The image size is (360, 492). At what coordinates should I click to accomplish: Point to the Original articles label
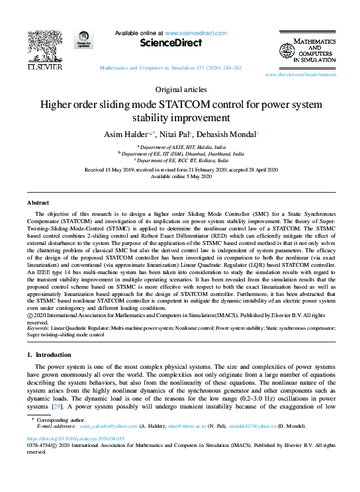[179, 89]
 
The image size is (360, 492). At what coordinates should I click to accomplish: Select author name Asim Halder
[124, 134]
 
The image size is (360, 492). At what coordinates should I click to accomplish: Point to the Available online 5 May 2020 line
[179, 177]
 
